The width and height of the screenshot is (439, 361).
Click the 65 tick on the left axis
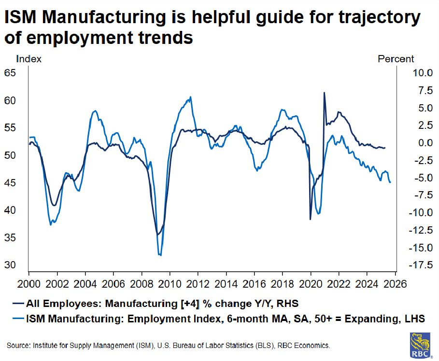point(11,73)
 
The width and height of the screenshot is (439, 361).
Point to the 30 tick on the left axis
point(11,265)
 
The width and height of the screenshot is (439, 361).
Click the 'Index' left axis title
point(29,59)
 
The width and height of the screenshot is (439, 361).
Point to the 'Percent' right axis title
point(396,59)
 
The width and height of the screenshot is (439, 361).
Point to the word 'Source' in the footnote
point(18,346)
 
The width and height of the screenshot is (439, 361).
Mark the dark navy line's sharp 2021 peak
point(324,93)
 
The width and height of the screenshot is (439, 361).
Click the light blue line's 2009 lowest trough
point(160,255)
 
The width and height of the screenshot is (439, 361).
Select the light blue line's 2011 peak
point(191,97)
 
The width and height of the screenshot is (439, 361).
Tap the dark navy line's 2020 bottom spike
point(310,219)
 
